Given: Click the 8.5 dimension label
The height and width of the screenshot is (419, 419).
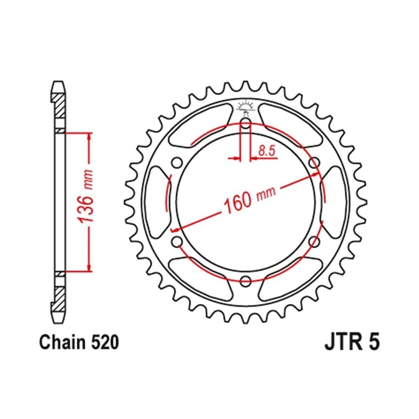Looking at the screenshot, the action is coord(267,151).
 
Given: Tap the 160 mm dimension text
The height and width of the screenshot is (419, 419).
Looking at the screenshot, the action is coord(249,198).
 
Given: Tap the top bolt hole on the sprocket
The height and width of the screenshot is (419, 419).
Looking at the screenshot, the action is coord(245,123).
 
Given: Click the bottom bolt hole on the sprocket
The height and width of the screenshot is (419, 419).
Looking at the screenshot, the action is coord(245,280).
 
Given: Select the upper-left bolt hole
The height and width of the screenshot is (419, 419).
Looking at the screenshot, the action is coord(176,162).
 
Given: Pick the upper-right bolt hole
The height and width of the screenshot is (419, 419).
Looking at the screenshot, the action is coord(314,162).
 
